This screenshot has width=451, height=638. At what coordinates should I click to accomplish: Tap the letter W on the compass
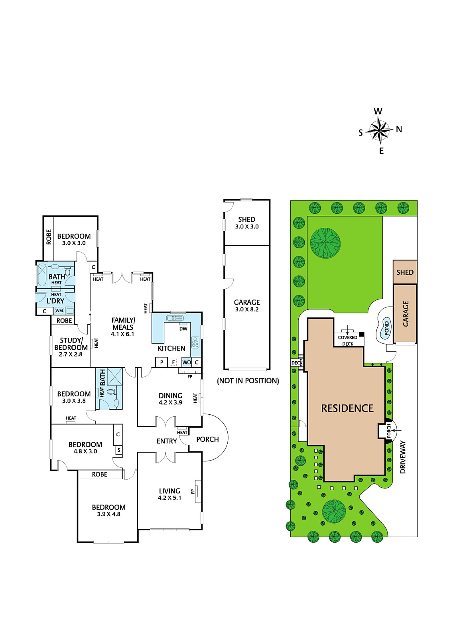[x=378, y=111]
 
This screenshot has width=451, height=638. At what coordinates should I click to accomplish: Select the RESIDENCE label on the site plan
[x=347, y=408]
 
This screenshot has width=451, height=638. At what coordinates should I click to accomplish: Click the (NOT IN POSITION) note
[x=248, y=381]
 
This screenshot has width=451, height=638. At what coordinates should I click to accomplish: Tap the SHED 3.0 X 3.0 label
[x=247, y=223]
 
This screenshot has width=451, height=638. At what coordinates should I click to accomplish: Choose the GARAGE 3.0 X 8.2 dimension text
[x=247, y=305]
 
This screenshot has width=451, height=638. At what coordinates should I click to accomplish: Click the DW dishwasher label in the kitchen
[x=183, y=329]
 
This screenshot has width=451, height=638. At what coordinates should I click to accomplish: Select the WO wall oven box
[x=187, y=362]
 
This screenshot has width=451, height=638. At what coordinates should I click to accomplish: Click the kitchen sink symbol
[x=175, y=318]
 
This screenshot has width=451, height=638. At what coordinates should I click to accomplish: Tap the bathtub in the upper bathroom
[x=42, y=275]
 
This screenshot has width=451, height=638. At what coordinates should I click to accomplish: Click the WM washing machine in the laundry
[x=59, y=311]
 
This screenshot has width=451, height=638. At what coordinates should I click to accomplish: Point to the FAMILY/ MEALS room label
[x=123, y=323]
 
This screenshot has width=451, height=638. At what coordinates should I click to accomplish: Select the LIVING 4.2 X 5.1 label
[x=169, y=494]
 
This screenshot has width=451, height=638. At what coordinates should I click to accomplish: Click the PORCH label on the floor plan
[x=207, y=439]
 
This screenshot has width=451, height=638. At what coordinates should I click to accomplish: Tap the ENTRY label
[x=167, y=441]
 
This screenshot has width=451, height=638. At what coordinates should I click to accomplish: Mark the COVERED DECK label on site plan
[x=348, y=341]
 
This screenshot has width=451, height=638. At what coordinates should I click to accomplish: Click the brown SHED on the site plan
[x=405, y=272]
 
